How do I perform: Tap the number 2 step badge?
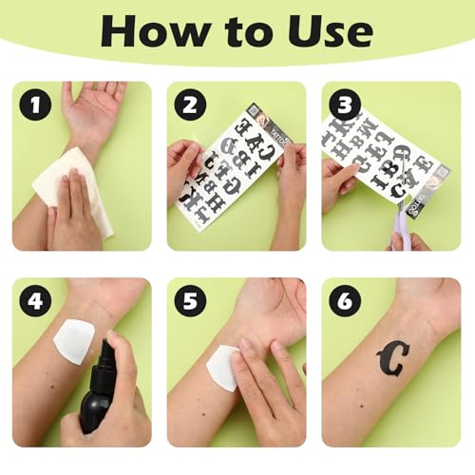click(x=189, y=105)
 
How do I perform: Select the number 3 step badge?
click(x=344, y=105)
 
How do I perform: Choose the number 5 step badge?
click(x=189, y=302)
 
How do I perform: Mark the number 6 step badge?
click(x=344, y=302)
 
